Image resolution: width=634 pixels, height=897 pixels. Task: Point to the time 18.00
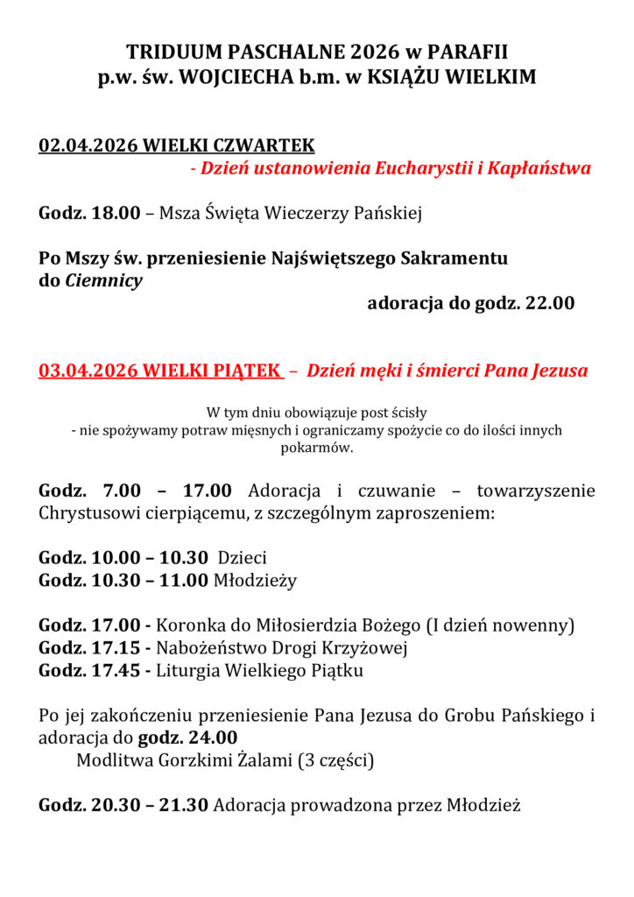pyautogui.click(x=116, y=213)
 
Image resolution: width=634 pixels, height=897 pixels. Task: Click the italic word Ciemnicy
pyautogui.click(x=103, y=281)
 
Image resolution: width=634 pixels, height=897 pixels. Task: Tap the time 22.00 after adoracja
pyautogui.click(x=549, y=304)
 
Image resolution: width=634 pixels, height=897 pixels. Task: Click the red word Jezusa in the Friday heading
pyautogui.click(x=560, y=371)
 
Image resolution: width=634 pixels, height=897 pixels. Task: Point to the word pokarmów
pyautogui.click(x=316, y=448)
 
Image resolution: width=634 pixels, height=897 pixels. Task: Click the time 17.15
pyautogui.click(x=116, y=648)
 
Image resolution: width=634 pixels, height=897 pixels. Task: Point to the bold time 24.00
pyautogui.click(x=211, y=738)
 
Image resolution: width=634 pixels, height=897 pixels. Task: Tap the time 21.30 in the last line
pyautogui.click(x=183, y=804)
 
